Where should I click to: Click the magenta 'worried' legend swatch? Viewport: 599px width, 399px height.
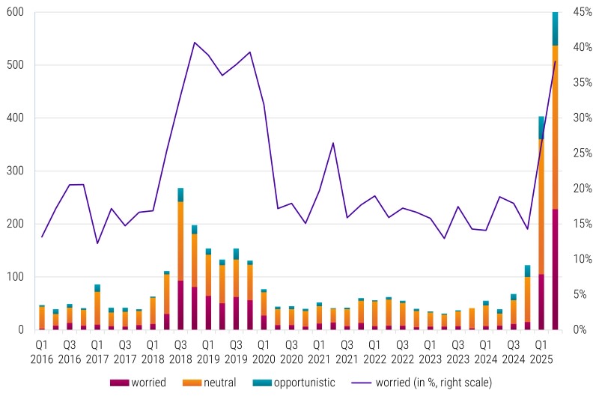(x=119, y=383)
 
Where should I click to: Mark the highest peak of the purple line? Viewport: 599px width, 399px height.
(x=195, y=43)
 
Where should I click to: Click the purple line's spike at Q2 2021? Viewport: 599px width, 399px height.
(x=333, y=143)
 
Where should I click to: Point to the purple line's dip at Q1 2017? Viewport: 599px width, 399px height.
(x=97, y=243)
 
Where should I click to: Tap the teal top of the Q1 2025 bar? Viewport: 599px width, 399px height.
(x=541, y=127)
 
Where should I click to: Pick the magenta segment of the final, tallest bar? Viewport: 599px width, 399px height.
(x=555, y=269)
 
